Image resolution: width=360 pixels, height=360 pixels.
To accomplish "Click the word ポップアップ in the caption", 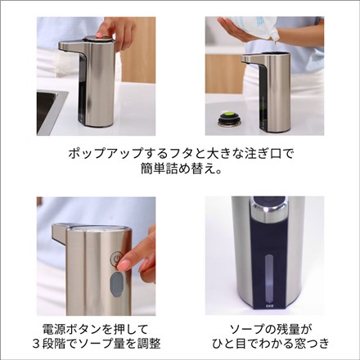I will pyautogui.click(x=91, y=153).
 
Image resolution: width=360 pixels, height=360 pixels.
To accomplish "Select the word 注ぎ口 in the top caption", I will pyautogui.click(x=254, y=153).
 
